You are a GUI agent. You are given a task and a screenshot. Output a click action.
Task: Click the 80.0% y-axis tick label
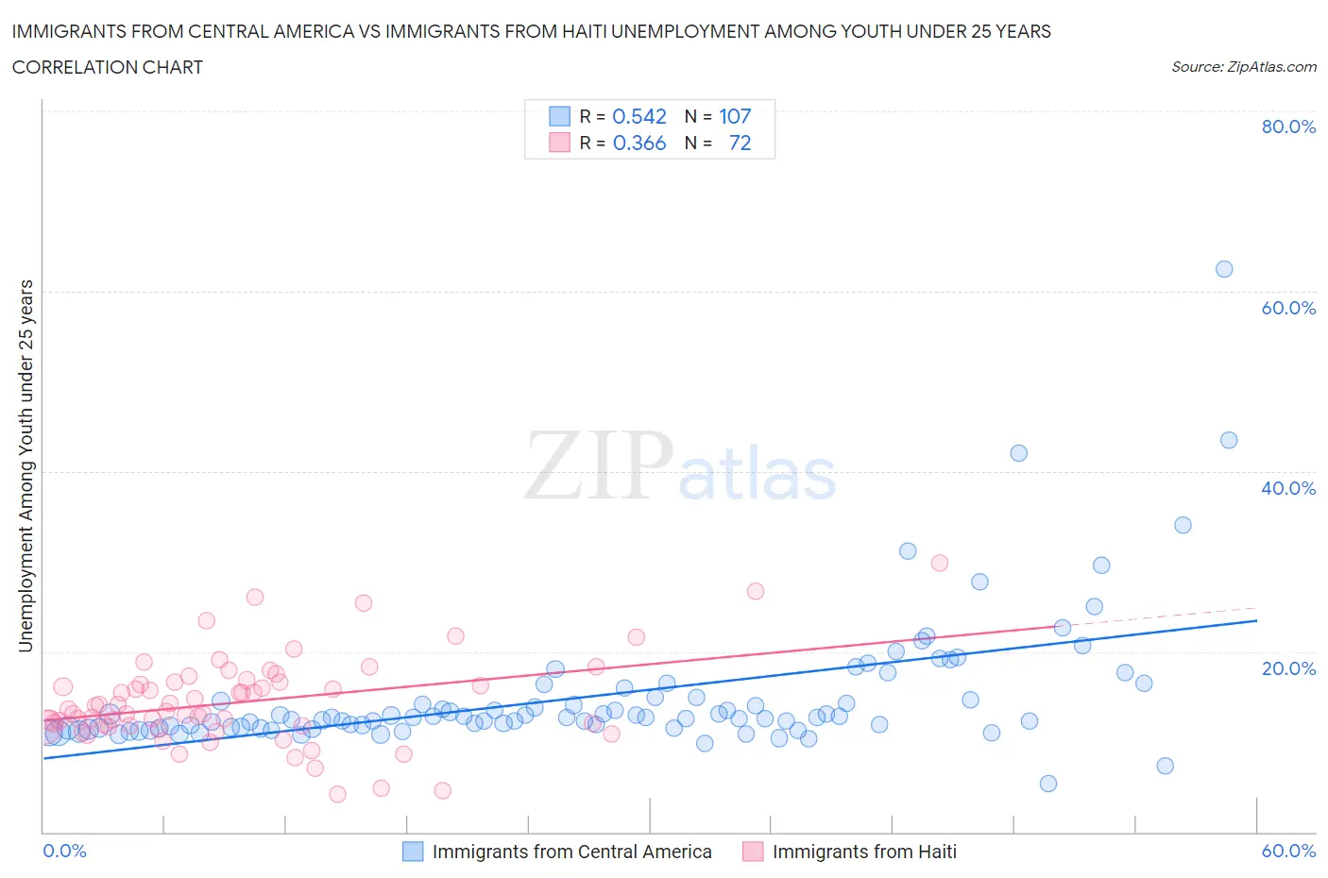1288,127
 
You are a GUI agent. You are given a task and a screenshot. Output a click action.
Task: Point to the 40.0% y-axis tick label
1288,488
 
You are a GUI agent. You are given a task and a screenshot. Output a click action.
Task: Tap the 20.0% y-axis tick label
1288,668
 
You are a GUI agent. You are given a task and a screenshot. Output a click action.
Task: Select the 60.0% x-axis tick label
1288,851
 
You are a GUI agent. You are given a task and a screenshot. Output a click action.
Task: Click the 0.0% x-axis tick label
65,851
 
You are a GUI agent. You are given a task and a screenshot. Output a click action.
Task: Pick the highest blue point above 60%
1224,269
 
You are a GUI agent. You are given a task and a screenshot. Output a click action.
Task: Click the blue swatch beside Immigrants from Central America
413,852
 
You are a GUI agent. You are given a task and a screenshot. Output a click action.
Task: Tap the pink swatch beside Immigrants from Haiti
753,852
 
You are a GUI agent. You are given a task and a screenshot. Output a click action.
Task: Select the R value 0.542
639,116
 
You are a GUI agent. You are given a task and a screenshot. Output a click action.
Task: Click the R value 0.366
639,143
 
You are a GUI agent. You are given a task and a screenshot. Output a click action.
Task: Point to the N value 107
735,116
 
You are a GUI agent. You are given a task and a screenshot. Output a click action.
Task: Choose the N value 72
741,143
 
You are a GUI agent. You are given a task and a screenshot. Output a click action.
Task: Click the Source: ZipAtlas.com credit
1244,66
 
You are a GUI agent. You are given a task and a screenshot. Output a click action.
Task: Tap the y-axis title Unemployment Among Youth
26,465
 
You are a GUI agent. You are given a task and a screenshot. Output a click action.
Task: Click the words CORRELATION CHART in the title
108,67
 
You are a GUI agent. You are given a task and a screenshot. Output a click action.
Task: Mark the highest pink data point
940,563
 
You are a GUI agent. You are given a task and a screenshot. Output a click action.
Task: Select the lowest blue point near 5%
1047,784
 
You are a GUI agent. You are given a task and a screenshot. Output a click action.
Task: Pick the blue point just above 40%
1018,453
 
